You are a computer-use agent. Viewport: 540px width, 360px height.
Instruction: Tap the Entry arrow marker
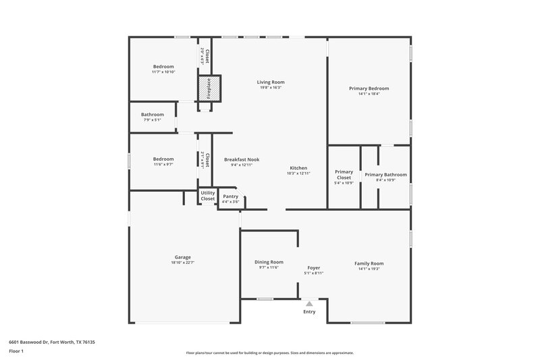point(309,304)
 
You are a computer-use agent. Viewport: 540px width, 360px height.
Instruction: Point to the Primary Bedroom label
point(369,88)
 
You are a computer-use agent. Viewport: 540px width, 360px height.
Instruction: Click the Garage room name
point(182,257)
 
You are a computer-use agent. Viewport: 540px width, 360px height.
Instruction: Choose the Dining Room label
point(269,262)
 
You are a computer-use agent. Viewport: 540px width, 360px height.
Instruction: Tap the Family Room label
point(369,263)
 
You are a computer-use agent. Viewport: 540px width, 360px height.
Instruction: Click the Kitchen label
point(298,168)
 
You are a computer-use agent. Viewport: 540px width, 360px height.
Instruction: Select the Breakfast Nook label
point(242,159)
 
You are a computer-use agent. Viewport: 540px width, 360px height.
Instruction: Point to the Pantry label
point(230,197)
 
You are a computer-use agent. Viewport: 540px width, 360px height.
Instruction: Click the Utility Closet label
point(207,196)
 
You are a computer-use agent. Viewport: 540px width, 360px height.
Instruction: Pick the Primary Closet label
point(344,174)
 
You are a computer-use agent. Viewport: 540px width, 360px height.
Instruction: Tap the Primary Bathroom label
point(385,174)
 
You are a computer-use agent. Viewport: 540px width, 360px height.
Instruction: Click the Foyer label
point(313,267)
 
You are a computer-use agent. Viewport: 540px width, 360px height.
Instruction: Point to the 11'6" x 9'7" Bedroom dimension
point(163,165)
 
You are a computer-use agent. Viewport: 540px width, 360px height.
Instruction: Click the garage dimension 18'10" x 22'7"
point(182,262)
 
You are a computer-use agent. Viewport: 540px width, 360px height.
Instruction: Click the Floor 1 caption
point(16,352)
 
